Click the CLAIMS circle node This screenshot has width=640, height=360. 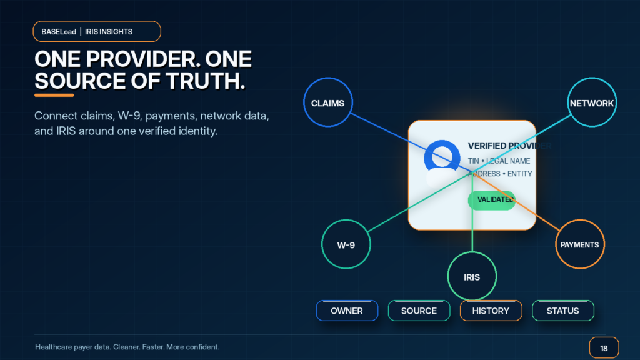327,102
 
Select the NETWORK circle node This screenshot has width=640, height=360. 592,102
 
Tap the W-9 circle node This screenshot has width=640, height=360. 346,244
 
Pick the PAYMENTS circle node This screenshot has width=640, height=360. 579,244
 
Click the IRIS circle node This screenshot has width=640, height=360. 472,276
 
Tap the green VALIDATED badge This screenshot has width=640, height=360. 492,200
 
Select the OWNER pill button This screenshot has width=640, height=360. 347,311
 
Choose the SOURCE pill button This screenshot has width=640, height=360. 419,311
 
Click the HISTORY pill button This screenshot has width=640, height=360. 491,311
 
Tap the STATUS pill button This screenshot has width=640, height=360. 563,311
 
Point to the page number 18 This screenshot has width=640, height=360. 604,348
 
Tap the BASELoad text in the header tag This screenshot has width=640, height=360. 59,32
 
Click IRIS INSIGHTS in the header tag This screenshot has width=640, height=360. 109,32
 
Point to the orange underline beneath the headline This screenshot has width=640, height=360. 54,95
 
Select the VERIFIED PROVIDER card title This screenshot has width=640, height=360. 509,146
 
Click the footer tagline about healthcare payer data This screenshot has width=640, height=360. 127,347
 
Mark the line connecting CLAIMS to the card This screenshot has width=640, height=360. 411,142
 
